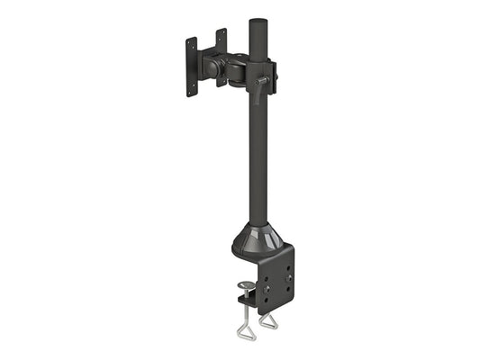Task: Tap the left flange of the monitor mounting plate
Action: [191, 65]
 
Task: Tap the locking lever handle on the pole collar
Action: [264, 87]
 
